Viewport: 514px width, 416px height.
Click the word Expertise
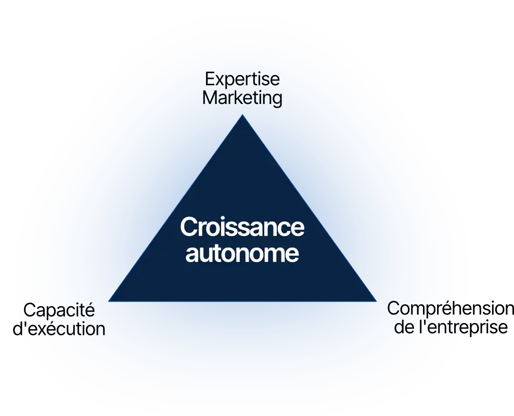(x=242, y=80)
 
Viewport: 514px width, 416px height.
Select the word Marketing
(x=242, y=98)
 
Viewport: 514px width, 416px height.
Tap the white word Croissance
(x=242, y=228)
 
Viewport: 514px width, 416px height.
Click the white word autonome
(x=242, y=254)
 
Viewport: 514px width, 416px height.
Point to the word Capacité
(x=59, y=310)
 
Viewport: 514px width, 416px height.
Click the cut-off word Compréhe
(x=429, y=308)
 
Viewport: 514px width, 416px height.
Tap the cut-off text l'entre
(x=445, y=328)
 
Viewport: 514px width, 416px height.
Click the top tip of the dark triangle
(x=242, y=116)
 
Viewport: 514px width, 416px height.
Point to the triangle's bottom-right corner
(x=375, y=300)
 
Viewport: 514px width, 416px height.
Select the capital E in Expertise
(x=210, y=80)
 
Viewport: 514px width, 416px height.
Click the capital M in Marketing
(x=210, y=98)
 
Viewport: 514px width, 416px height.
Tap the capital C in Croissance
(x=188, y=228)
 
